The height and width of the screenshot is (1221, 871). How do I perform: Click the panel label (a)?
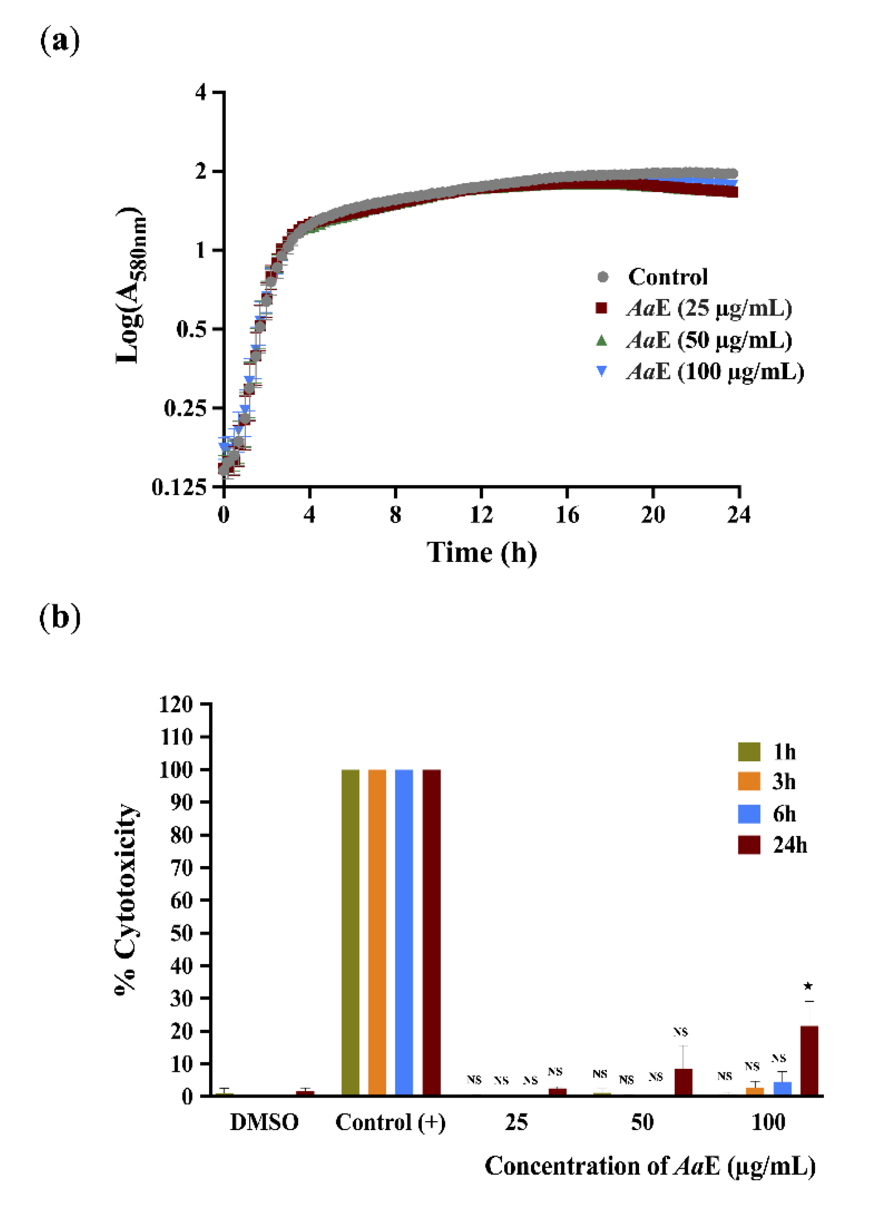(x=60, y=41)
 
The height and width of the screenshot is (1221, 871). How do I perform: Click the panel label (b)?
(x=60, y=618)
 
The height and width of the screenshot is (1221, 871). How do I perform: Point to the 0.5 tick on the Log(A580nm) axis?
(x=191, y=329)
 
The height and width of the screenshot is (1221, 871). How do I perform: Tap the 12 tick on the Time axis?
(x=481, y=515)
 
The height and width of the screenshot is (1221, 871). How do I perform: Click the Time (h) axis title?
(x=481, y=553)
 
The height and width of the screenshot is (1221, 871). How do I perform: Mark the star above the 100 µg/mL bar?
(x=808, y=986)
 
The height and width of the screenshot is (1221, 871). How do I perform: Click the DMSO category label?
(x=264, y=1122)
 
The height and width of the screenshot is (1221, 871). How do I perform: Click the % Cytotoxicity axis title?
(x=126, y=899)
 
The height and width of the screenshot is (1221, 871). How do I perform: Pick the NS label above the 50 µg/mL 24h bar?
(x=680, y=1031)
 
